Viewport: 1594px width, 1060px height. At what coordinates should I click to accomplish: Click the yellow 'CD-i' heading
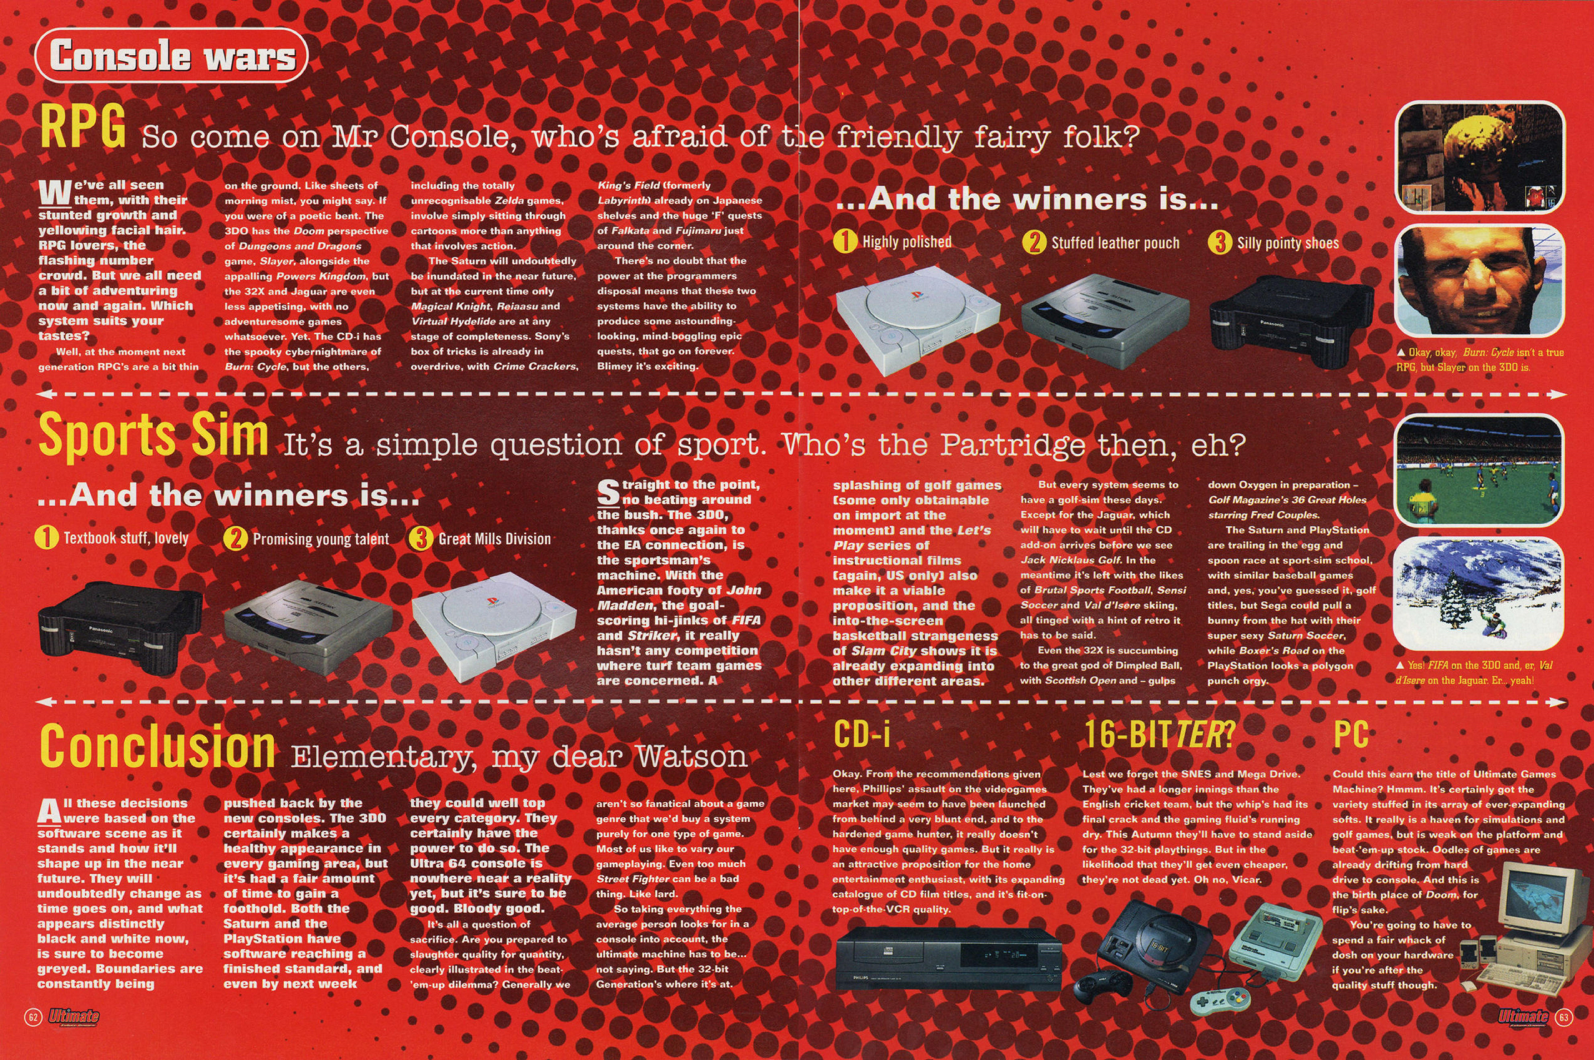(x=862, y=734)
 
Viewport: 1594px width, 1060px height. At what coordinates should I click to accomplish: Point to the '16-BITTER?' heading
(x=1158, y=734)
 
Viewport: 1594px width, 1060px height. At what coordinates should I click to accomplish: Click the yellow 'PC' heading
(x=1351, y=734)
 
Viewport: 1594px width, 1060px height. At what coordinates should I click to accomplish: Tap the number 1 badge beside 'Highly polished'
(x=845, y=241)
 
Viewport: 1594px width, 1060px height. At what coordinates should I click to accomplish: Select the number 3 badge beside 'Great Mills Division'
(x=421, y=539)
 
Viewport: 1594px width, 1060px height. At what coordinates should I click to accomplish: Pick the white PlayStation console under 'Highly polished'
(x=918, y=320)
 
